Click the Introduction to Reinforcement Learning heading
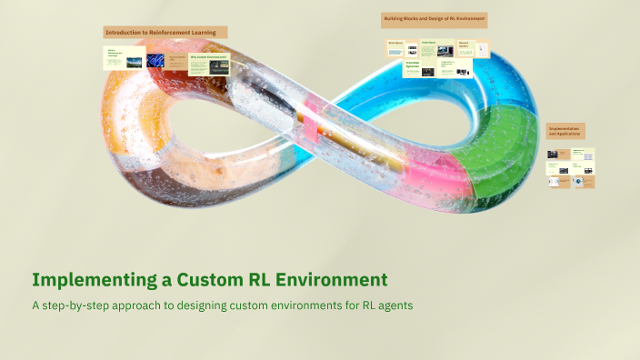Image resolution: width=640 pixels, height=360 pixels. (165, 32)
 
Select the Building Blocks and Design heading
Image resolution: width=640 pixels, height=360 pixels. (435, 19)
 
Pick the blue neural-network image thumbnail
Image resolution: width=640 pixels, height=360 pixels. (175, 60)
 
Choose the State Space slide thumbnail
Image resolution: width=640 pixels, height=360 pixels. (395, 47)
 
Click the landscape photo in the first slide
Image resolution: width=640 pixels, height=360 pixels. (134, 63)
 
